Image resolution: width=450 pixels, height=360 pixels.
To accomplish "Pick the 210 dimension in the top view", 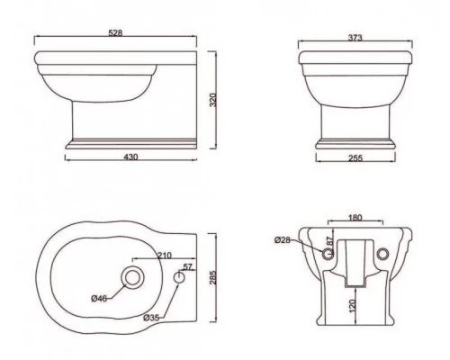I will pyautogui.click(x=164, y=255).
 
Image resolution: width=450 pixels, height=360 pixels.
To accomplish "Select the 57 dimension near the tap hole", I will pyautogui.click(x=187, y=267).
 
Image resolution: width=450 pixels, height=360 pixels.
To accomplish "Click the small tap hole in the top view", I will pyautogui.click(x=179, y=280).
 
